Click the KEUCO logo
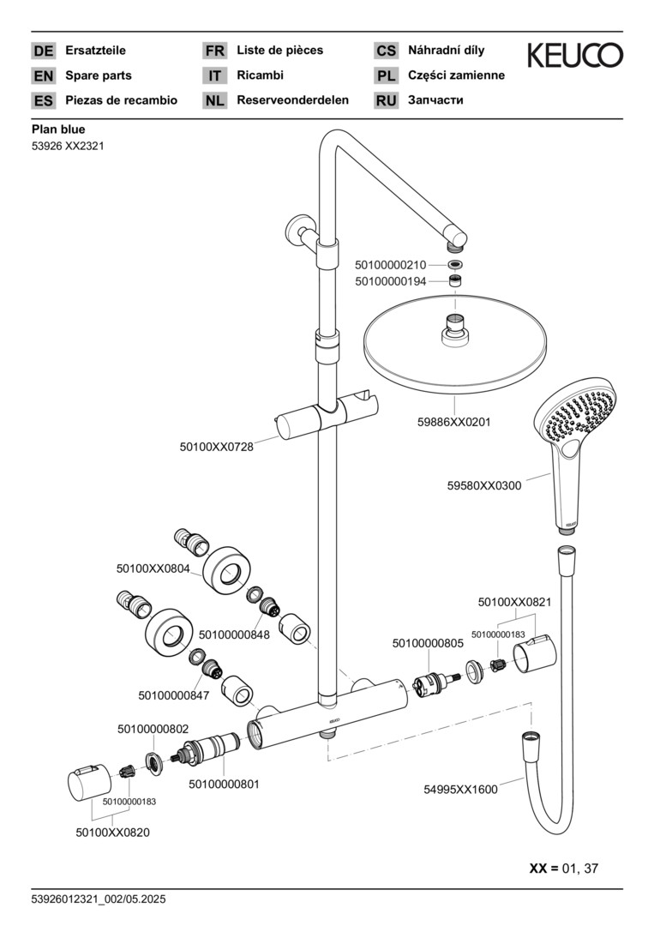tap(574, 56)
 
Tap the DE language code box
tap(43, 51)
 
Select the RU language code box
tap(386, 100)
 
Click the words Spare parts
tap(99, 75)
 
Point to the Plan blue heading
tap(58, 129)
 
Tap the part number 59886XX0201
tap(454, 423)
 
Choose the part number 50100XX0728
tap(217, 447)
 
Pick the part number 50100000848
tap(234, 635)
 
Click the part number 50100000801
tap(224, 784)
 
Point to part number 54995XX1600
tap(460, 790)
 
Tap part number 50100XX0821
tap(514, 602)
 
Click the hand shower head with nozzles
tap(577, 421)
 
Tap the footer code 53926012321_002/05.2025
tap(98, 899)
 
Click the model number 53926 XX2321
tap(68, 146)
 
